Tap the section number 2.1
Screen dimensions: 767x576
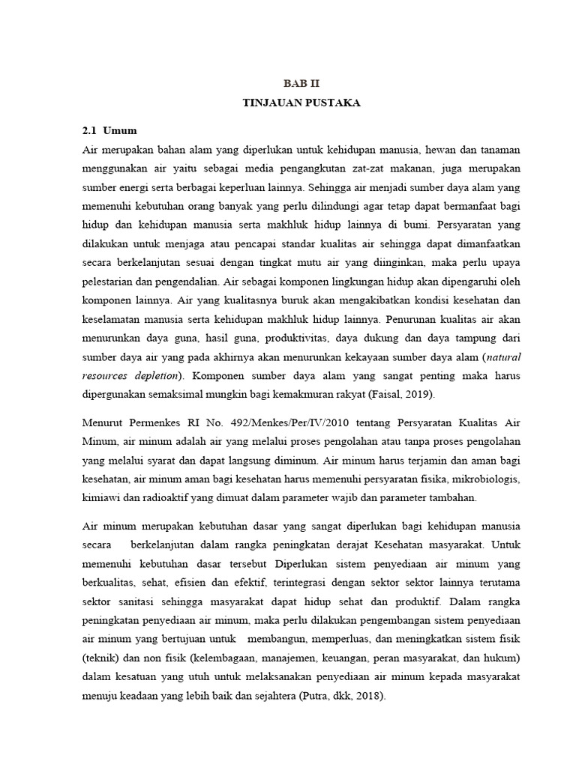pyautogui.click(x=90, y=130)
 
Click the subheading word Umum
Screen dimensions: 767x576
pyautogui.click(x=121, y=130)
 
